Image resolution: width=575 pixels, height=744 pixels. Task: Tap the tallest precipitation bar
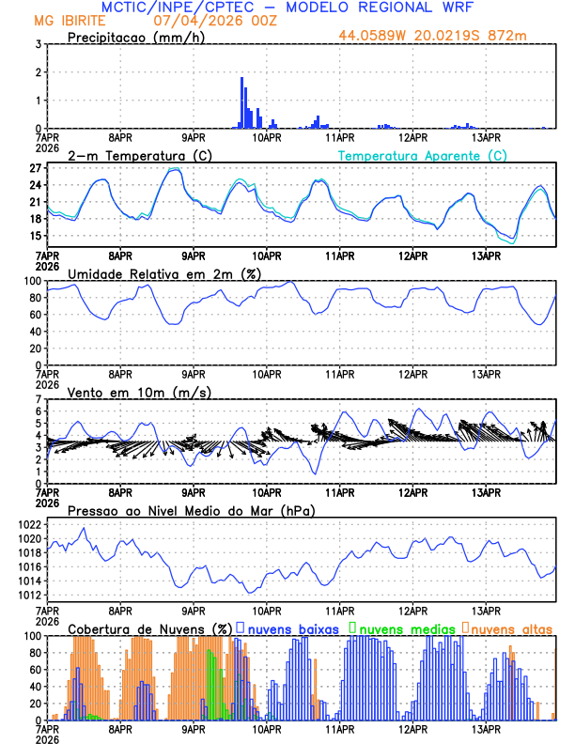[241, 102]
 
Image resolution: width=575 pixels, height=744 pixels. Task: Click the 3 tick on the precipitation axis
[37, 44]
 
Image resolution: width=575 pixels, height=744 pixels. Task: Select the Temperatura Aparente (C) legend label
[422, 155]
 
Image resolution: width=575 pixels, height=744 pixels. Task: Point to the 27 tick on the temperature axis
[34, 168]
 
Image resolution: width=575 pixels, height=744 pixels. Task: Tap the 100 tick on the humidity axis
[30, 281]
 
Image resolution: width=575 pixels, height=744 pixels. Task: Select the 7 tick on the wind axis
[37, 399]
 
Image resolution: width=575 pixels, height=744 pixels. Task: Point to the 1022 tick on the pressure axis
[27, 524]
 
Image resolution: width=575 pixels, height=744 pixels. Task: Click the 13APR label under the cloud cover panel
[485, 729]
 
